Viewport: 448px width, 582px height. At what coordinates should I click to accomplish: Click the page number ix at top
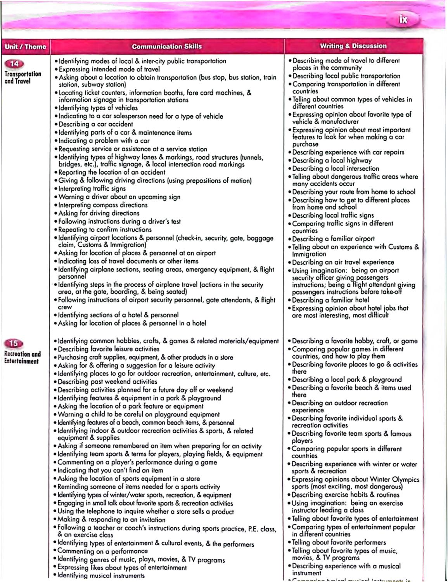pyautogui.click(x=403, y=19)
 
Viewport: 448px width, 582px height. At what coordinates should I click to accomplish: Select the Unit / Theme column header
pyautogui.click(x=25, y=47)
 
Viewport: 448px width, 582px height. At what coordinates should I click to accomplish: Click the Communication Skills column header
pyautogui.click(x=167, y=46)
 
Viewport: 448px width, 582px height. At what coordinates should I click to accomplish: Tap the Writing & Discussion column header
pyautogui.click(x=353, y=46)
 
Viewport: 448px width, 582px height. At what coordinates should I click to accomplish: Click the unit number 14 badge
pyautogui.click(x=14, y=64)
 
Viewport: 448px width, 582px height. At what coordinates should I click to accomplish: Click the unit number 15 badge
pyautogui.click(x=14, y=343)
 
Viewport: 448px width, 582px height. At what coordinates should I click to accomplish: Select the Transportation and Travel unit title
pyautogui.click(x=23, y=78)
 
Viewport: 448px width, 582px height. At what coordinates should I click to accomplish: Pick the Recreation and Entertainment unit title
pyautogui.click(x=22, y=357)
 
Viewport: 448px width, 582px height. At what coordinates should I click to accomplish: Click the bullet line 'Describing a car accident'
pyautogui.click(x=95, y=124)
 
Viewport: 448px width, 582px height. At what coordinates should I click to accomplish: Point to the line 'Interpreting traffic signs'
pyautogui.click(x=92, y=189)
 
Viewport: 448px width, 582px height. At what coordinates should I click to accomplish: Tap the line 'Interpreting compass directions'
pyautogui.click(x=103, y=205)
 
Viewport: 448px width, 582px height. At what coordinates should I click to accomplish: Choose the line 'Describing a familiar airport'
pyautogui.click(x=333, y=239)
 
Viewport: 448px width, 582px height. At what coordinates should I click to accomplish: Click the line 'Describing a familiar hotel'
pyautogui.click(x=330, y=300)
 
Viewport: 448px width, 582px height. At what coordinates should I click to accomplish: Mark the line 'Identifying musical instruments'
pyautogui.click(x=101, y=575)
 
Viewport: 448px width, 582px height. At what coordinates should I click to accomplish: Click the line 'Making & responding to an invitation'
pyautogui.click(x=111, y=519)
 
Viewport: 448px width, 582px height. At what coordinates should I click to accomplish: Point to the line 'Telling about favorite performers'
pyautogui.click(x=339, y=542)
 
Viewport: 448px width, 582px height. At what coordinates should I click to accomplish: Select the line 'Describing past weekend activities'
pyautogui.click(x=107, y=381)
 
